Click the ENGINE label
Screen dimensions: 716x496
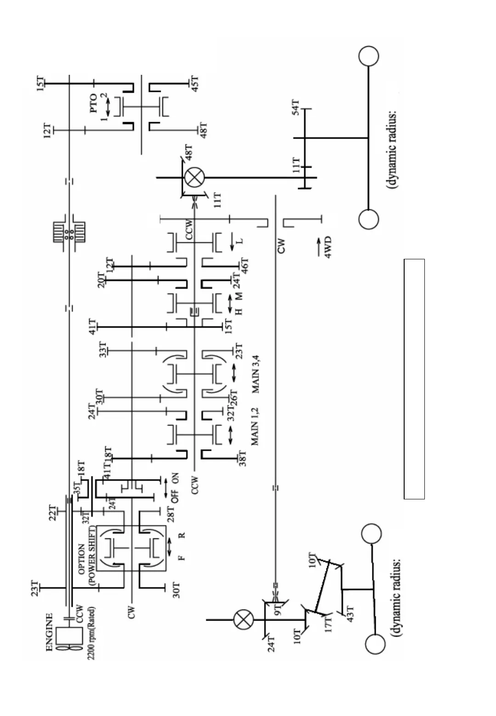point(49,632)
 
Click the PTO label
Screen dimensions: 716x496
point(94,104)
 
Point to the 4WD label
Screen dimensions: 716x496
point(327,247)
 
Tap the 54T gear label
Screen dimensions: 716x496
point(296,108)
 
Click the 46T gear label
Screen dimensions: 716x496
point(245,265)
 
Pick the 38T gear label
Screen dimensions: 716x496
point(242,459)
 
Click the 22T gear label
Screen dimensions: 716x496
point(53,513)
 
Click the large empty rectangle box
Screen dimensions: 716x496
point(414,379)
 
